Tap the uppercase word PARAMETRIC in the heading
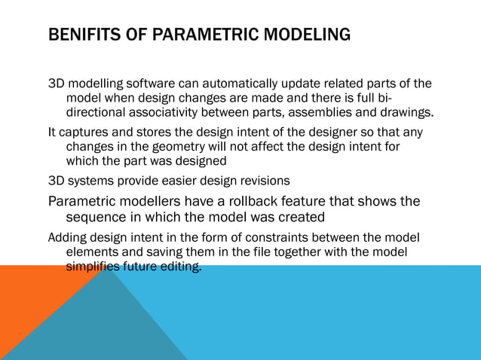click(200, 35)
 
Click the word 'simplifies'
click(94, 267)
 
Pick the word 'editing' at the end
click(182, 267)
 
